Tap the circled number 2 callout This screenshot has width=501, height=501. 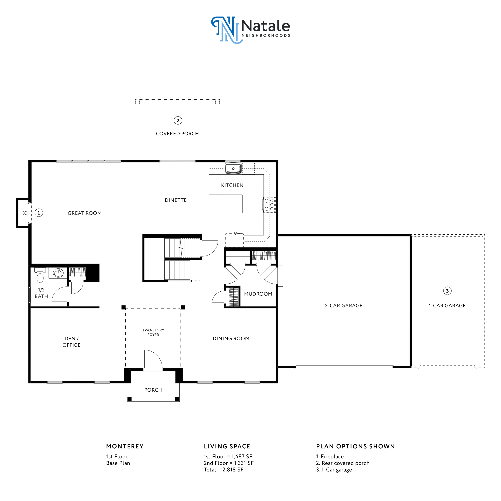click(178, 121)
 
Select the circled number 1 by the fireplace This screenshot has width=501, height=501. click(39, 213)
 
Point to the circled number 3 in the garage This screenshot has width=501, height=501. click(447, 291)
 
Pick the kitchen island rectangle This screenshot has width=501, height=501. click(226, 204)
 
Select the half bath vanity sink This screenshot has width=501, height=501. click(58, 273)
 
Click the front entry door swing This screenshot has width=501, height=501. click(153, 360)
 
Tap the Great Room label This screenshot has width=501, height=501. click(85, 213)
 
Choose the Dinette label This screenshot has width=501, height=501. click(176, 200)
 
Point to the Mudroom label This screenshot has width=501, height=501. click(258, 294)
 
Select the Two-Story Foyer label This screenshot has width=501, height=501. click(153, 332)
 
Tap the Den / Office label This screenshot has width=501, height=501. click(72, 342)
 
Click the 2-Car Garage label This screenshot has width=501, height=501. click(344, 305)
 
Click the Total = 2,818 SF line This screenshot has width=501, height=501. click(223, 470)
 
